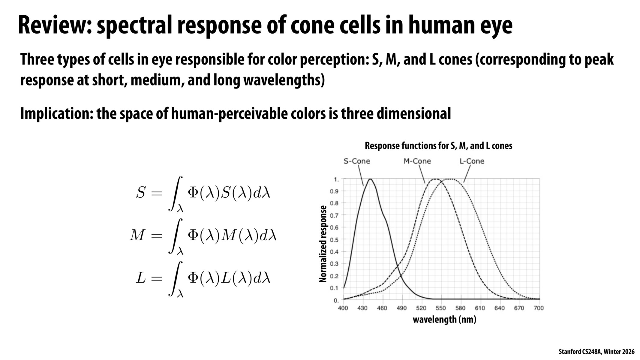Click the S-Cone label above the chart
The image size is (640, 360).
pos(357,161)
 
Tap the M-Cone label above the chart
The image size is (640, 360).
pos(417,161)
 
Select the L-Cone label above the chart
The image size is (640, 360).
pos(472,161)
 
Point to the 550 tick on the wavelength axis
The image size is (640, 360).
pos(441,308)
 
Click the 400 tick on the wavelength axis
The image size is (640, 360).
pos(343,308)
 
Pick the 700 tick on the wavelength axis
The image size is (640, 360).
pos(539,308)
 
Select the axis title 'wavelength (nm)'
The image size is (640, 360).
pos(444,319)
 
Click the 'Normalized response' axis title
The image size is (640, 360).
pos(323,244)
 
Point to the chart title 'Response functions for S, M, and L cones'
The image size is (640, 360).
pos(438,146)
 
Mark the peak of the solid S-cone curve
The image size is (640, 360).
pos(370,179)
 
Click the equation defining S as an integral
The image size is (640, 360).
pos(203,193)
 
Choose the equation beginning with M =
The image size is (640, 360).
pos(203,236)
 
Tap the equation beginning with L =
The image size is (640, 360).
pos(203,279)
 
